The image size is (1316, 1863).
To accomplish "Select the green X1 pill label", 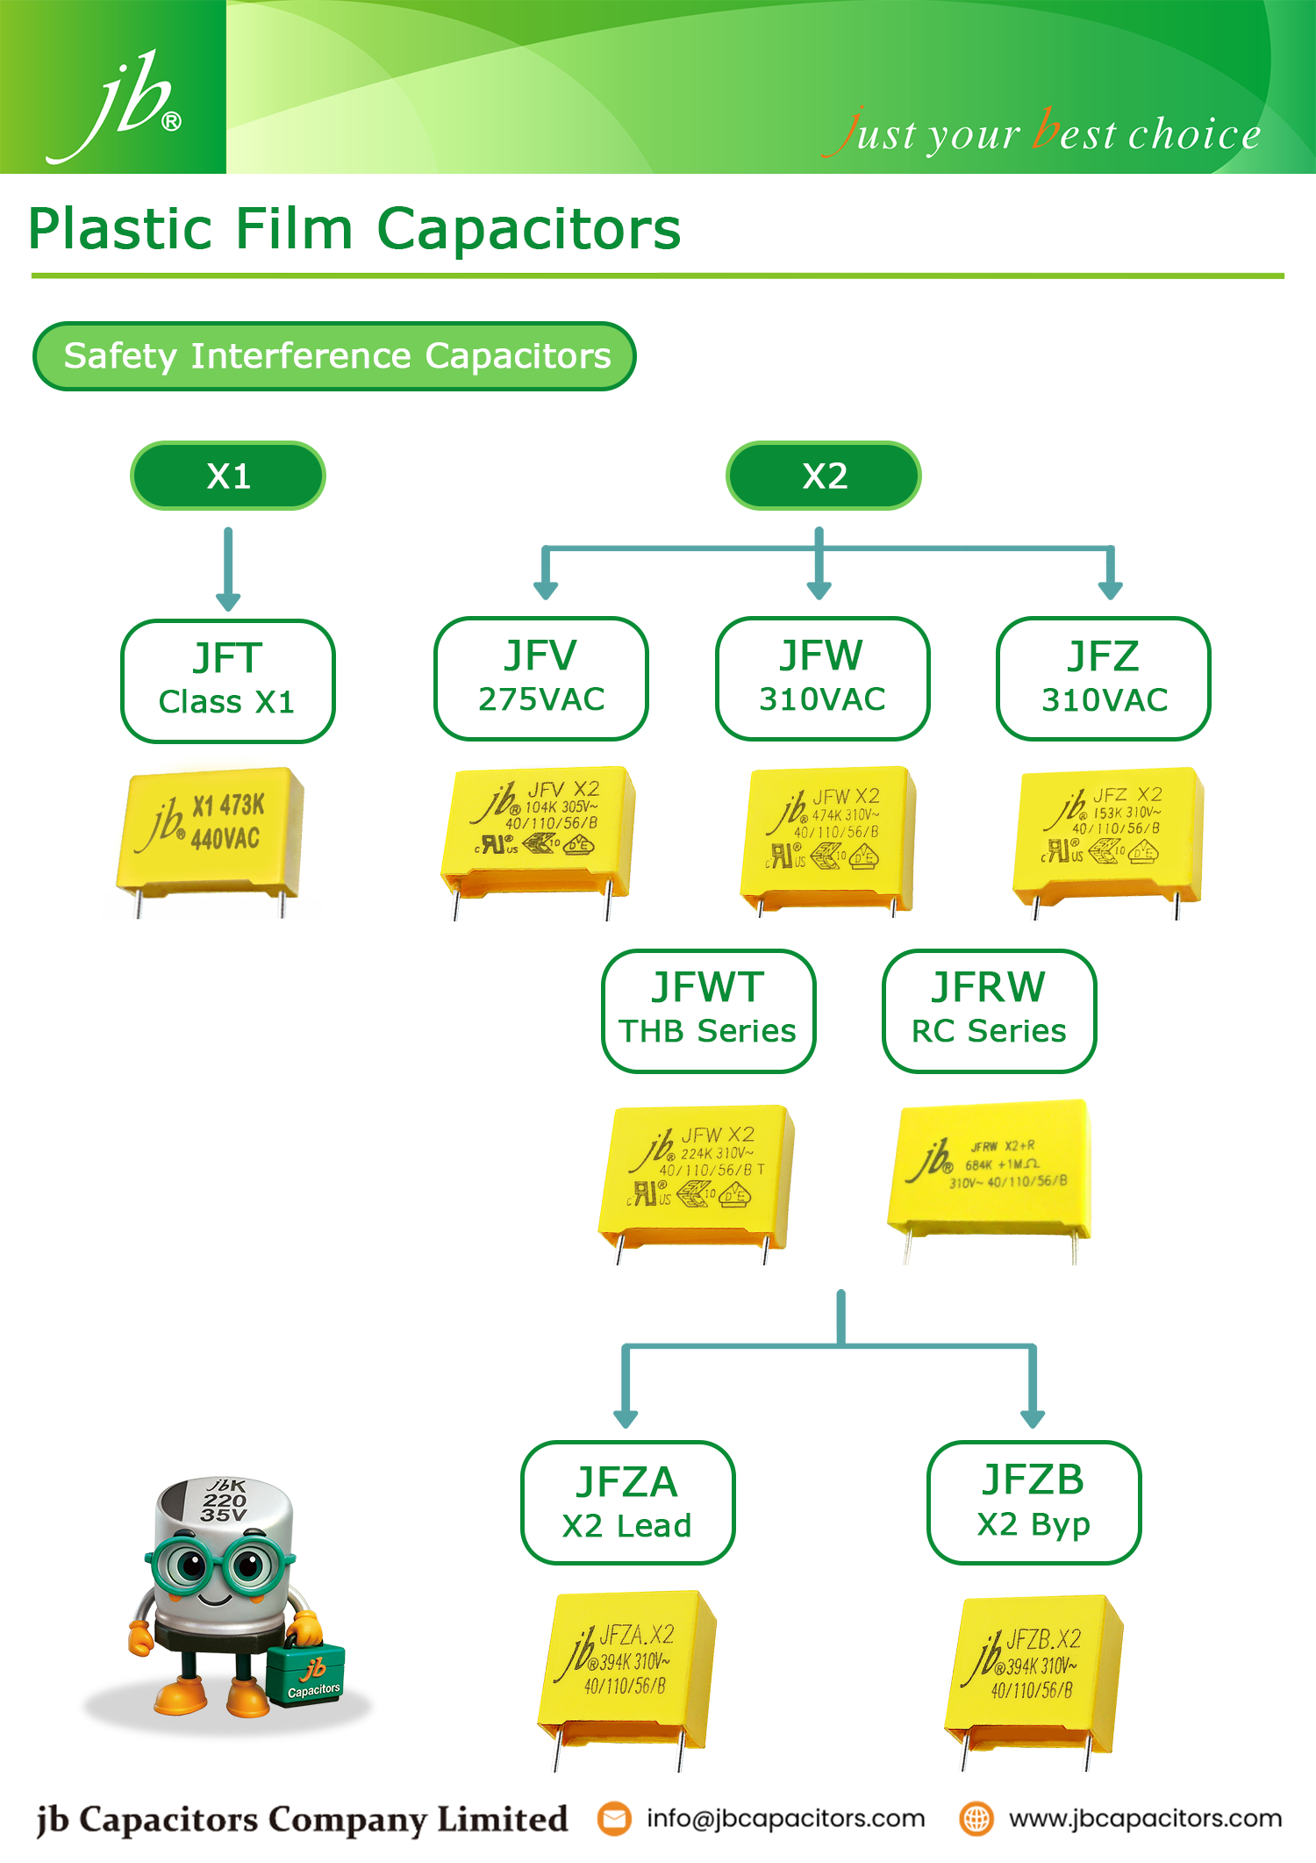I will point(228,476).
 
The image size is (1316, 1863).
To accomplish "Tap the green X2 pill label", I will point(823,476).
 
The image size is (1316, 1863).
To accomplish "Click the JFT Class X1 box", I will point(227,681).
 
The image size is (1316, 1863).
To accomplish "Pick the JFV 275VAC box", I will point(540,678).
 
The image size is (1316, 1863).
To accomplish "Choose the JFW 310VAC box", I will point(822,678).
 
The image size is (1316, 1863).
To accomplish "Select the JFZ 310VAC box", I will point(1103,678).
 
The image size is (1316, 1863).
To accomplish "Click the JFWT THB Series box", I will point(708,1010).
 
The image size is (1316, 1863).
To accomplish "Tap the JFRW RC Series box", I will point(989,1010).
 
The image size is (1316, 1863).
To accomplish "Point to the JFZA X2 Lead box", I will point(627,1501).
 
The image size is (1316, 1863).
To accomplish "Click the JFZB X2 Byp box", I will point(1033,1501).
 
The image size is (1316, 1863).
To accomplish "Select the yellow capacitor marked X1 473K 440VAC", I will point(211,834).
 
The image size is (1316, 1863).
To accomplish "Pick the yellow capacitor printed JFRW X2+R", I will point(990,1167).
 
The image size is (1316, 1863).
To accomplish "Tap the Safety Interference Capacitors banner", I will point(334,356).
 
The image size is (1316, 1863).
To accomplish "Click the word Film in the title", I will point(294,229).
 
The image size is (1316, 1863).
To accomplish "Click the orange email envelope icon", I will point(614,1818).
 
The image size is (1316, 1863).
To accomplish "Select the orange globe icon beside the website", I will point(976,1818).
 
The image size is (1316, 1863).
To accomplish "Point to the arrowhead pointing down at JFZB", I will point(1033,1418).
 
